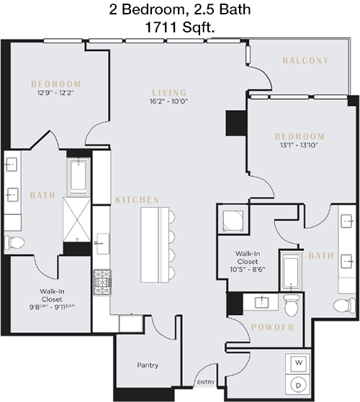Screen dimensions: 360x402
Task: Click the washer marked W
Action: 298,363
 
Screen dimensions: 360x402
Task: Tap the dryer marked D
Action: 298,385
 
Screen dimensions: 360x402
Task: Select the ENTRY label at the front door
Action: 206,383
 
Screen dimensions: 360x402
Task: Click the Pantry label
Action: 148,365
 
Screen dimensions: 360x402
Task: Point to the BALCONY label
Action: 305,60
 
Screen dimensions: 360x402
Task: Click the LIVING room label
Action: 169,93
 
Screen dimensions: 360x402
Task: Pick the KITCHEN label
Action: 138,200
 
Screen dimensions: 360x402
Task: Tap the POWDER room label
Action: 272,327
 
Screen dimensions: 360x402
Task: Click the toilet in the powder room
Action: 291,305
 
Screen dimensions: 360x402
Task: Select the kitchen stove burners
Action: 102,283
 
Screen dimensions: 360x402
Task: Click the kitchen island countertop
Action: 155,245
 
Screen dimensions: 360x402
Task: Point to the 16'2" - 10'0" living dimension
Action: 168,101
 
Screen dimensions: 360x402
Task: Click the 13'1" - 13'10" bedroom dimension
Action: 300,145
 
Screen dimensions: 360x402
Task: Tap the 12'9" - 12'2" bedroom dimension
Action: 55,93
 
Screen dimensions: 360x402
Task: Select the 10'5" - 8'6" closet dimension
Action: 248,270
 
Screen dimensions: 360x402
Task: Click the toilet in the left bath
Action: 14,242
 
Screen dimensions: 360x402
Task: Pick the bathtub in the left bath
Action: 78,177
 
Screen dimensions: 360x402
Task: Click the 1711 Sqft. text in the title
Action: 180,27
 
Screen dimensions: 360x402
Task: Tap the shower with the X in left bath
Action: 77,219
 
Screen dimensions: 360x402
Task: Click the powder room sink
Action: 261,303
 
